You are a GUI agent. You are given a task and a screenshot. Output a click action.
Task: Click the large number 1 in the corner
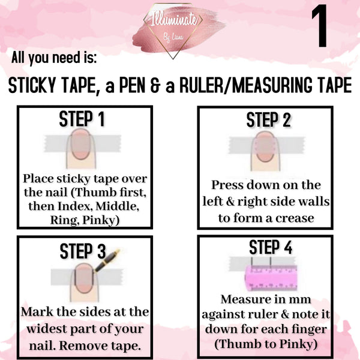[x=320, y=26]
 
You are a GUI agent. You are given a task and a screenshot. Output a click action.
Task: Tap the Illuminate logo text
[x=174, y=19]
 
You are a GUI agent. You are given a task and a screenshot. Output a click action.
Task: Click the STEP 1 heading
[x=82, y=119]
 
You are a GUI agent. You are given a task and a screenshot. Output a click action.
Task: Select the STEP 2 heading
[x=269, y=120]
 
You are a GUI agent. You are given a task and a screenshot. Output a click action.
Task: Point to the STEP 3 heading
[x=83, y=251]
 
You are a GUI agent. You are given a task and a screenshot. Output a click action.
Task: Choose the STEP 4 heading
[x=271, y=247]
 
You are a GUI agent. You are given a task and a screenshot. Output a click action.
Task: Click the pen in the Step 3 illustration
[x=107, y=260]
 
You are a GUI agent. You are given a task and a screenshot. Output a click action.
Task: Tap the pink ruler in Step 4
[x=271, y=278]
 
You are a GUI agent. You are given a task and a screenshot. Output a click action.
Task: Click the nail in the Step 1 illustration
[x=80, y=144]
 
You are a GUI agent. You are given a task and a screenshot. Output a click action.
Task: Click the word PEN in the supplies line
[x=132, y=85]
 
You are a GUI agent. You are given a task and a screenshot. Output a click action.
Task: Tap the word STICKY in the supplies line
[x=32, y=85]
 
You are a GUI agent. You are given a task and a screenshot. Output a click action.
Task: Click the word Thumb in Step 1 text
[x=92, y=193]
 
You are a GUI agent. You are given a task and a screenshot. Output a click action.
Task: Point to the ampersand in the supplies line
[x=156, y=86]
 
